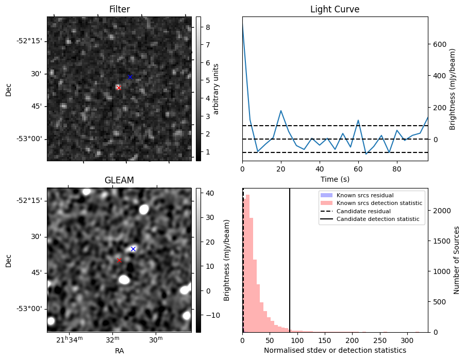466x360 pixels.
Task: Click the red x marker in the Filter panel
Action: click(x=119, y=88)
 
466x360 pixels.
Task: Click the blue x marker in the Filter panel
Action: click(x=130, y=77)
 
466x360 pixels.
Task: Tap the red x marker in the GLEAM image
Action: click(x=119, y=260)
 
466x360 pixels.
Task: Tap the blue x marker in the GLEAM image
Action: click(x=133, y=249)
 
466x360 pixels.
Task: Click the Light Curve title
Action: click(x=335, y=9)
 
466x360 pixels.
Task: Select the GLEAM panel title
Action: click(x=119, y=180)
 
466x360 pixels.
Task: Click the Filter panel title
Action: click(x=119, y=9)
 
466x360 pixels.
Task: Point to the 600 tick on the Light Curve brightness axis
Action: click(x=439, y=44)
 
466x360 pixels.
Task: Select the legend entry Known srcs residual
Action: click(x=365, y=195)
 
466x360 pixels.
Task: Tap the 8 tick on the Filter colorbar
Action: click(x=206, y=27)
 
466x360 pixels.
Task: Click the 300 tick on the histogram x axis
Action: click(x=407, y=340)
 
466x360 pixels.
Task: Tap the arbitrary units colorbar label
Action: click(x=216, y=89)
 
